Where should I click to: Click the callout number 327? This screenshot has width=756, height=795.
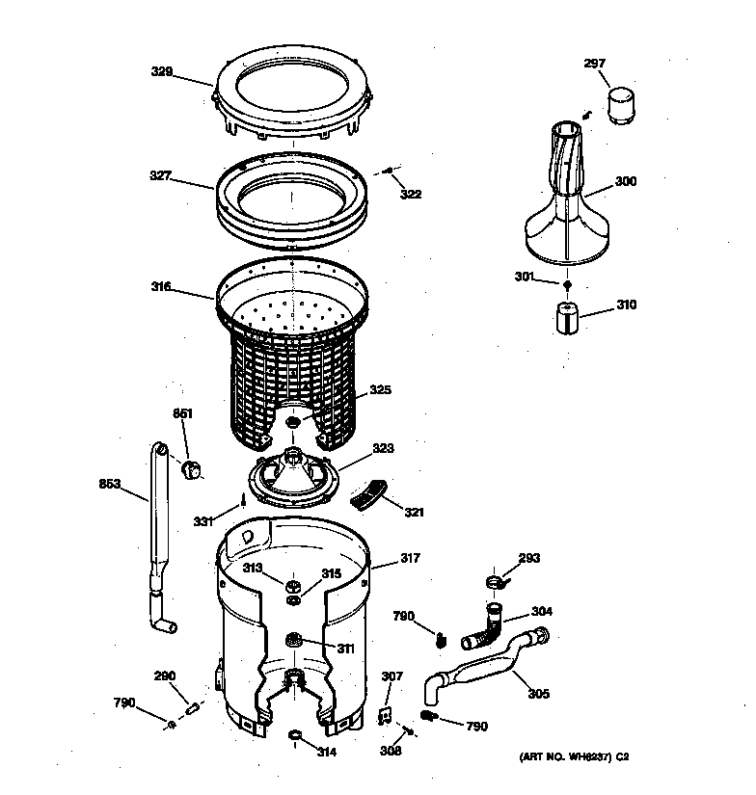point(160,176)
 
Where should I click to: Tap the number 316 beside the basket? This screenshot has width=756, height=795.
point(160,286)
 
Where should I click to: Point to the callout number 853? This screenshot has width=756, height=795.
point(109,485)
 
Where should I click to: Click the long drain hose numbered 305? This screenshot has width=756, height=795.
point(482,669)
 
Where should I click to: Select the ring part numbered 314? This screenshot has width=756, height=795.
point(295,738)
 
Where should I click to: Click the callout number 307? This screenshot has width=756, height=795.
point(391,676)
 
